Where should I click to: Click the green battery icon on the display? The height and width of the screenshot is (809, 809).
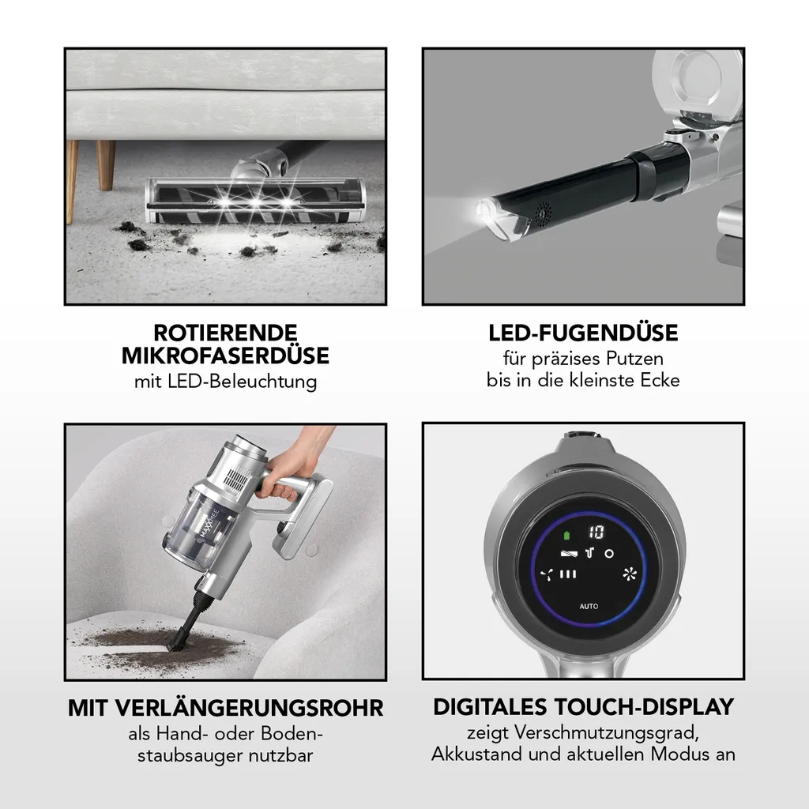pyautogui.click(x=567, y=536)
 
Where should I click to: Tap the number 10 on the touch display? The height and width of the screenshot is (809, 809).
pyautogui.click(x=596, y=532)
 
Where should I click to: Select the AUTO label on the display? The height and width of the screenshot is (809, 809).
pyautogui.click(x=589, y=606)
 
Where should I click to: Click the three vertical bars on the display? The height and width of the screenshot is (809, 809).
pyautogui.click(x=568, y=574)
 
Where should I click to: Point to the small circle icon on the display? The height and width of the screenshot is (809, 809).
pyautogui.click(x=609, y=554)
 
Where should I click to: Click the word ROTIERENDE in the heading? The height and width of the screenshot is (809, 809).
pyautogui.click(x=225, y=333)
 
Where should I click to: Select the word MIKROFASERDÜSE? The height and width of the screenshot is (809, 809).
pyautogui.click(x=225, y=356)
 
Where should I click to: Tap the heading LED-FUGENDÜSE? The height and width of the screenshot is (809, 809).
pyautogui.click(x=584, y=333)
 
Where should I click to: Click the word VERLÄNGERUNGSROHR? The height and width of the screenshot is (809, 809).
pyautogui.click(x=249, y=708)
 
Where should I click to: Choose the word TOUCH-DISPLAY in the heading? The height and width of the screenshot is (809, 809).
pyautogui.click(x=645, y=707)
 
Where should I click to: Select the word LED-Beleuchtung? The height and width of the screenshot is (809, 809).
pyautogui.click(x=242, y=382)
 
